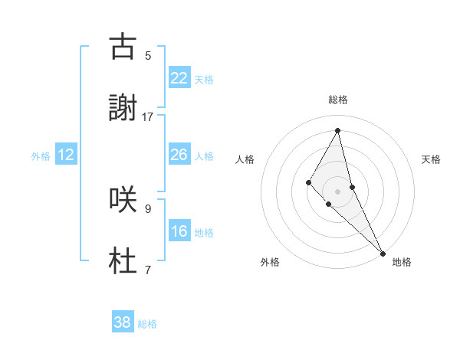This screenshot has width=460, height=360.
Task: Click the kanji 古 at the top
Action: pyautogui.click(x=123, y=47)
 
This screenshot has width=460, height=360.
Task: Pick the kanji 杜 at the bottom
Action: pyautogui.click(x=123, y=260)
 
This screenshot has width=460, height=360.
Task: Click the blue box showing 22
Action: pyautogui.click(x=179, y=78)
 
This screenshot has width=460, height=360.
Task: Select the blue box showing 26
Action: pyautogui.click(x=179, y=155)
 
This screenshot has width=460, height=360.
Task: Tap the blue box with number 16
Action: pyautogui.click(x=179, y=231)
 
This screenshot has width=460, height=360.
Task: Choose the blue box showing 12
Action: pyautogui.click(x=66, y=155)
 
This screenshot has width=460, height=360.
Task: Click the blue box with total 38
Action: pyautogui.click(x=122, y=322)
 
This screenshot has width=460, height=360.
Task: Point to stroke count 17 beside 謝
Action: pyautogui.click(x=148, y=117)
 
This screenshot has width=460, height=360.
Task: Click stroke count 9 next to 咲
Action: pyautogui.click(x=148, y=208)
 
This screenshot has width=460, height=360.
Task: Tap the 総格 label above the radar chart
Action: pyautogui.click(x=338, y=100)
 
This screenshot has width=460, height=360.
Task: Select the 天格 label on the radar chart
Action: pyautogui.click(x=431, y=159)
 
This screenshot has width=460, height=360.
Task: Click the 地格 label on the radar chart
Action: pyautogui.click(x=402, y=262)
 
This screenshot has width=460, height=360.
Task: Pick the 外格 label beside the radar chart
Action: pyautogui.click(x=270, y=262)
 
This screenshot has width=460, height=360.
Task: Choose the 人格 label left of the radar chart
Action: pyautogui.click(x=245, y=159)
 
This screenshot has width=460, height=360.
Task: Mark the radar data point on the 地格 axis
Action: pyautogui.click(x=383, y=253)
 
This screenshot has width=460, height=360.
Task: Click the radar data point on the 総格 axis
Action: pyautogui.click(x=338, y=130)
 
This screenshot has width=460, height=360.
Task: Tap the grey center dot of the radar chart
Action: pyautogui.click(x=338, y=191)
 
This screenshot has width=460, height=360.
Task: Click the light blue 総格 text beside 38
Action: pyautogui.click(x=147, y=324)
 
